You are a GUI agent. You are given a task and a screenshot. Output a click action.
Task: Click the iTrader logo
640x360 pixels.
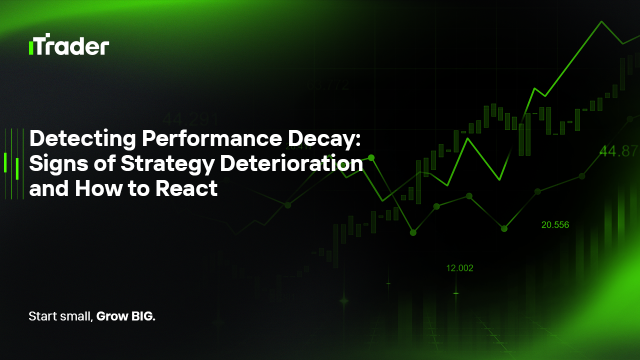69,44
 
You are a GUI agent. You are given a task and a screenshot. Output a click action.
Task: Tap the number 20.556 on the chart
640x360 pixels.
555,225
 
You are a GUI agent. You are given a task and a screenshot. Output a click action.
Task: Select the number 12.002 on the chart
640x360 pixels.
459,268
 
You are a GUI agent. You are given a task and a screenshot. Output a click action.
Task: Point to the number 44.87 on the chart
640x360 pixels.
619,151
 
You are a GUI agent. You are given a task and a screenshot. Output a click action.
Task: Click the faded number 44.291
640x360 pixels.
190,120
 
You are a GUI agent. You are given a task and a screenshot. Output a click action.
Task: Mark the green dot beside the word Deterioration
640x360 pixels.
371,157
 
